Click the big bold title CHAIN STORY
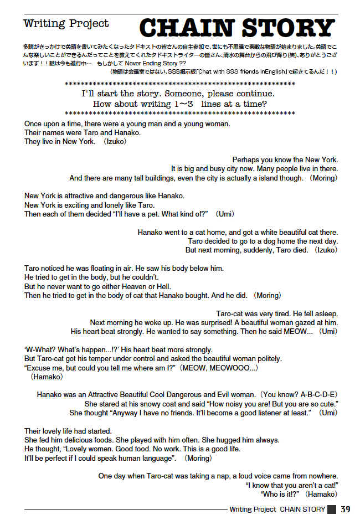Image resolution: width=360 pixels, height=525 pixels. (236, 28)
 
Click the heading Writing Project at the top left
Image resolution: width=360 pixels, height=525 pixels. (66, 24)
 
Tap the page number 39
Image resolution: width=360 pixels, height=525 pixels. (346, 509)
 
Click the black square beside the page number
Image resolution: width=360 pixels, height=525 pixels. (332, 509)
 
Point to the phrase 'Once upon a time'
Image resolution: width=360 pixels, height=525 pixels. (52, 124)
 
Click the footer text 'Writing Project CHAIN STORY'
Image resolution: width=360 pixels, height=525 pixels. (276, 509)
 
